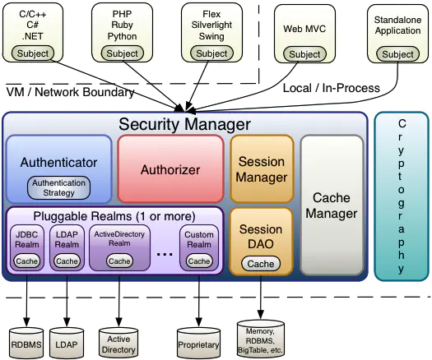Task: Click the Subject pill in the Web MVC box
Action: coord(304,54)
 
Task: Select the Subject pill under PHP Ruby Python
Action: coord(123,53)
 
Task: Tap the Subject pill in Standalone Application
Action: coord(397,54)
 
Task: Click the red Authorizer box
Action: coord(170,169)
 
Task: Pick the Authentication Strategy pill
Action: coord(58,187)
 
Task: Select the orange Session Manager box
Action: coord(262,169)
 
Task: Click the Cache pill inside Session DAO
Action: coord(261,264)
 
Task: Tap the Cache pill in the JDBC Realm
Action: coord(26,261)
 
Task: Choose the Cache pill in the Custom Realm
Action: coord(199,261)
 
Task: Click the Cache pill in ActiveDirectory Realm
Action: coord(119,261)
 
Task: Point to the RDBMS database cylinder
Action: coord(26,343)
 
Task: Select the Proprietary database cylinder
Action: coord(198,343)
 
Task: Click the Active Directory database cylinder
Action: coord(118,343)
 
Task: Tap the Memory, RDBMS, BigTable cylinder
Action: coord(261,339)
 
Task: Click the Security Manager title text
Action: coord(185,124)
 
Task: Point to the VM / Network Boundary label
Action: coord(70,92)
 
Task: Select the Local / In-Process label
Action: coord(332,88)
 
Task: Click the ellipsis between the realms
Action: coord(165,254)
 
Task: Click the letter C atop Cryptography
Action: coord(402,124)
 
